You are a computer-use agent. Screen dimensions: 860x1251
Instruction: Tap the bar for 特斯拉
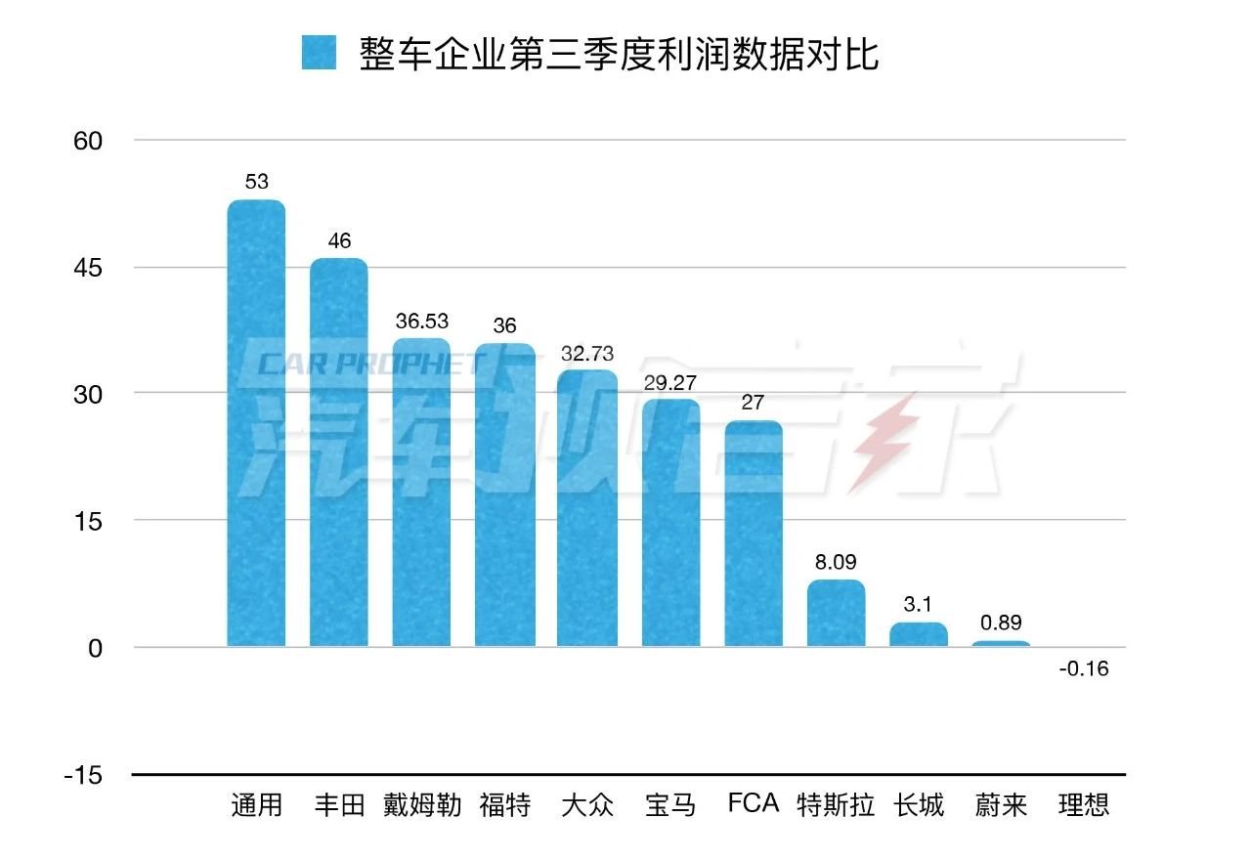point(837,613)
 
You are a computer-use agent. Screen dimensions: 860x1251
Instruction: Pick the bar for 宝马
point(670,523)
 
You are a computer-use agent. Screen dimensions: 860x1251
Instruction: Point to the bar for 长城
point(919,634)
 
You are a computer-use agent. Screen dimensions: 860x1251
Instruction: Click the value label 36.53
point(422,321)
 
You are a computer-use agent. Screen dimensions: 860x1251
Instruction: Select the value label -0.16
point(1085,669)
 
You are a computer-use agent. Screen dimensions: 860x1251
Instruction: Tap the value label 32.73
point(587,352)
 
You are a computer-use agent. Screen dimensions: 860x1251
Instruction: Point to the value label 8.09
point(837,563)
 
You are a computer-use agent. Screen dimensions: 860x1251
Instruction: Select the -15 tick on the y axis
point(82,775)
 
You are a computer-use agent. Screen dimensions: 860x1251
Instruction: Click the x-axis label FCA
point(754,803)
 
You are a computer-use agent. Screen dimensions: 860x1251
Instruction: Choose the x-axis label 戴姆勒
point(422,805)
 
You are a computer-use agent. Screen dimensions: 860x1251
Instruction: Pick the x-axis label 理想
point(1085,805)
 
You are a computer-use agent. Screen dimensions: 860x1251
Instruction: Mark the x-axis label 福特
point(505,805)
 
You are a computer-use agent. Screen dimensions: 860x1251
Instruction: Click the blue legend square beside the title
point(319,53)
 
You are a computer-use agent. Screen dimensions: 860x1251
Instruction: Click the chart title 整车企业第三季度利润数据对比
point(619,54)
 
